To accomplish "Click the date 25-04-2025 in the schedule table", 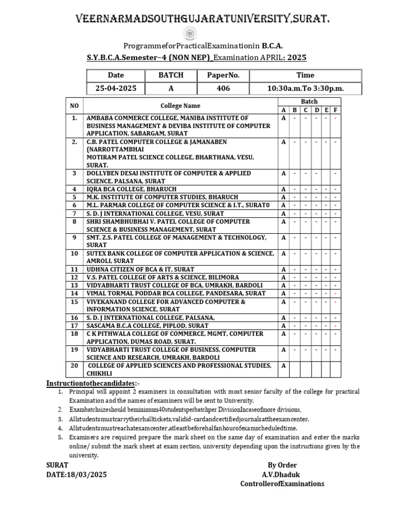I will [116, 88].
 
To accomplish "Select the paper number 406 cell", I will [223, 88].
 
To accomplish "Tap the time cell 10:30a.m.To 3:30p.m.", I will [305, 88].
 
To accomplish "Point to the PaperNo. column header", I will [223, 75].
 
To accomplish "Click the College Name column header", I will [180, 105].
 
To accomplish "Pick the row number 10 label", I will [75, 253].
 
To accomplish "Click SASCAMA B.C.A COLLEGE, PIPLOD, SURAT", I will [148, 326].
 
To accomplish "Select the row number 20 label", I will [75, 365].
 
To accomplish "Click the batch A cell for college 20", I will [283, 365].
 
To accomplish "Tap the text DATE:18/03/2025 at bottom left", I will [77, 475].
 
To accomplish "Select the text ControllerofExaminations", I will [282, 484].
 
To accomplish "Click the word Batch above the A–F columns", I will [309, 101].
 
